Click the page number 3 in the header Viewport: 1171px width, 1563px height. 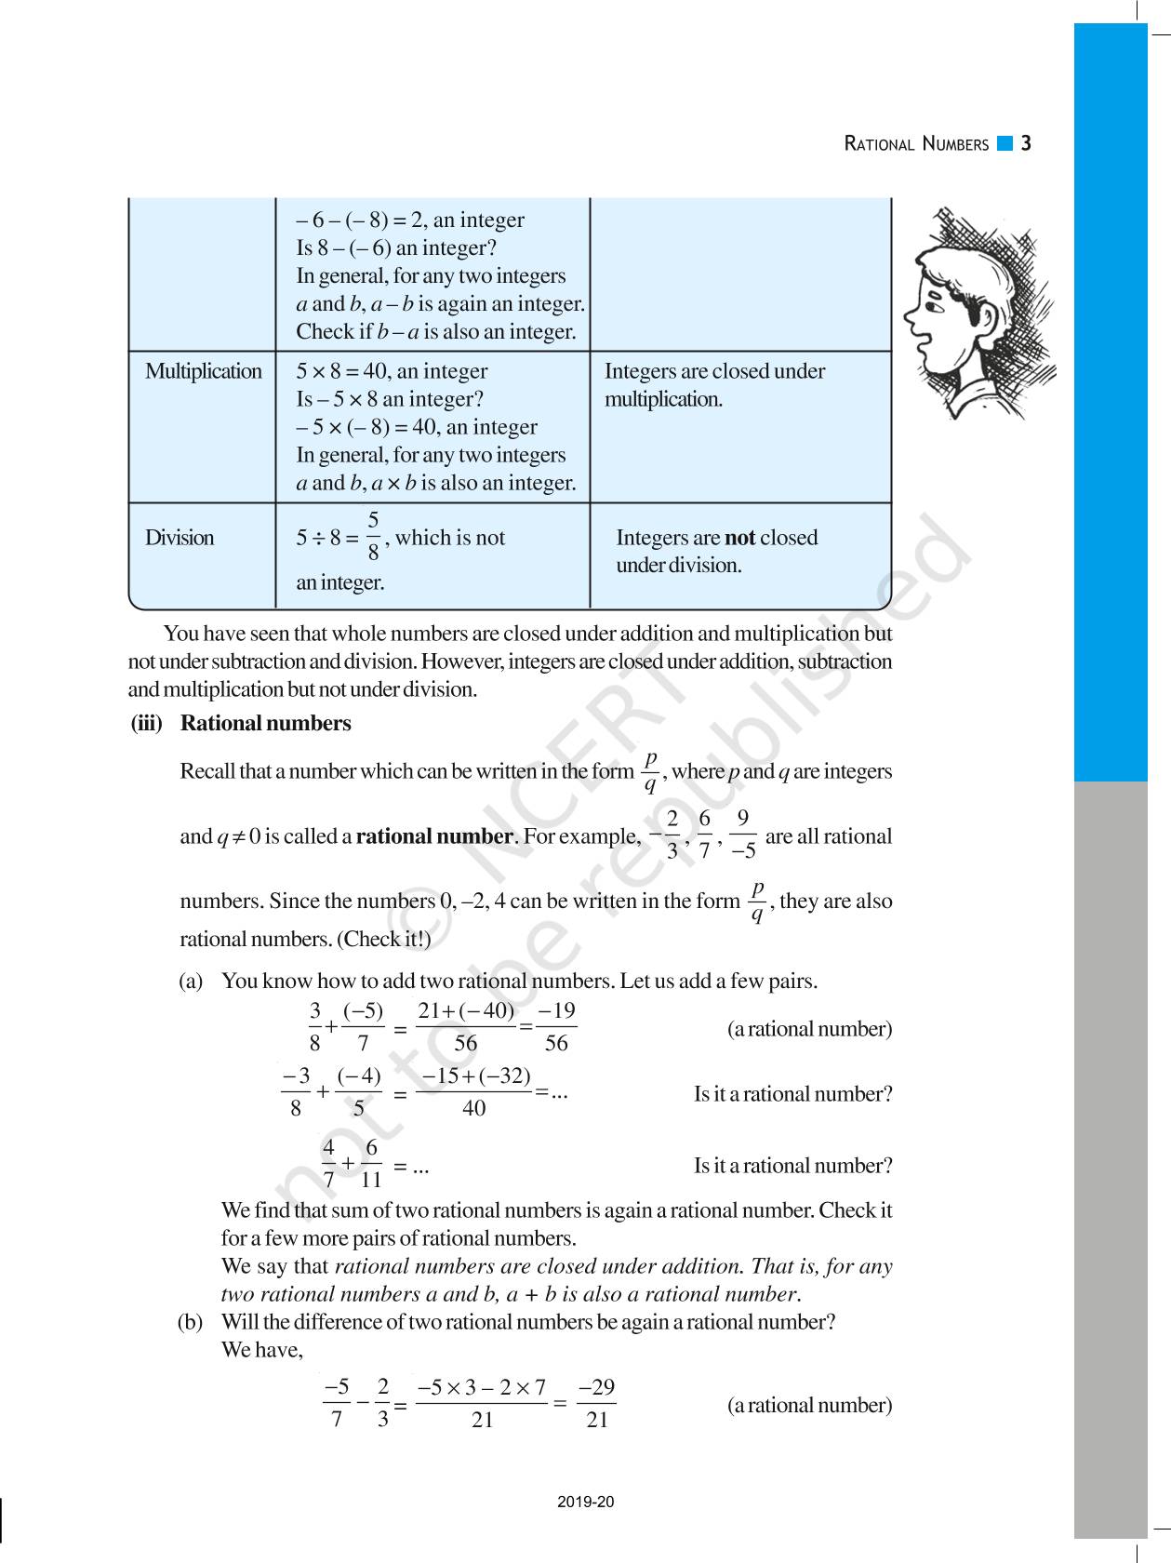click(1026, 143)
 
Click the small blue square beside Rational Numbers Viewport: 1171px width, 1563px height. click(1004, 143)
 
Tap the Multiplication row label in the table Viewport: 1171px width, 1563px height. click(203, 371)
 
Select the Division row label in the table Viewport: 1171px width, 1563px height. click(180, 538)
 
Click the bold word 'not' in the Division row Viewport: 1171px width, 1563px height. click(739, 538)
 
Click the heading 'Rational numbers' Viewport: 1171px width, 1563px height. click(265, 723)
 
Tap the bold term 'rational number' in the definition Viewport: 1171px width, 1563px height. click(434, 835)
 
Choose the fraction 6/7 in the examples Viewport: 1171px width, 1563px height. click(705, 835)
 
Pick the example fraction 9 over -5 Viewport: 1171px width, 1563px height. click(742, 835)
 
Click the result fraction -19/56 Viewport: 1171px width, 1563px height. click(556, 1027)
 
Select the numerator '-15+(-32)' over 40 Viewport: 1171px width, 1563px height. click(475, 1076)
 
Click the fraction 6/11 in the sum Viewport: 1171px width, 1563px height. click(371, 1164)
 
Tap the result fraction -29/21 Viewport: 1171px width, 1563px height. click(596, 1404)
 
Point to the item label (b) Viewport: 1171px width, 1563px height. click(191, 1322)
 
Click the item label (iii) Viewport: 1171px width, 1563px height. click(147, 723)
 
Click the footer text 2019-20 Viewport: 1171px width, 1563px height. click(586, 1502)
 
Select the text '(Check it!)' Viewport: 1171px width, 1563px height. click(383, 939)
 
